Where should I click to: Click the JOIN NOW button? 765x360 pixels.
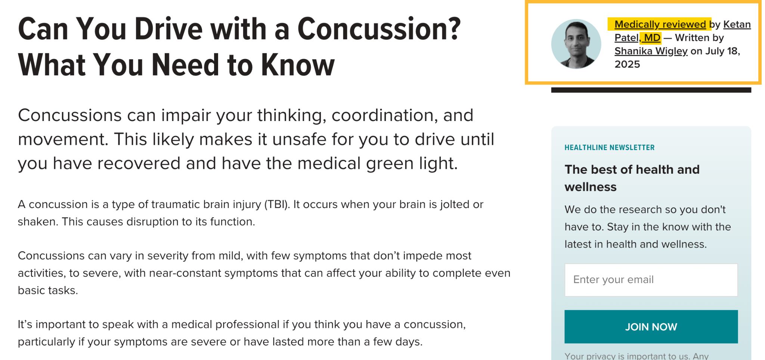click(x=651, y=327)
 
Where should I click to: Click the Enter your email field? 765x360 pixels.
click(x=651, y=280)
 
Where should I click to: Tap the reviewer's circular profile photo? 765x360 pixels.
click(x=576, y=44)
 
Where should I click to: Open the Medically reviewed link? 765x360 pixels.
click(x=660, y=24)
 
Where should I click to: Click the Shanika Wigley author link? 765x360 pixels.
click(x=651, y=51)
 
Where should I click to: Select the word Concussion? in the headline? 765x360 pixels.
click(x=379, y=29)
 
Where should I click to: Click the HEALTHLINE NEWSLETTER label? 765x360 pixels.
click(x=609, y=148)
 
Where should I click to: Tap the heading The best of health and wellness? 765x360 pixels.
click(x=632, y=178)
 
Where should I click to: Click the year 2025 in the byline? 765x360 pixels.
click(x=627, y=64)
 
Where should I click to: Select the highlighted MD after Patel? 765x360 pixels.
click(x=652, y=38)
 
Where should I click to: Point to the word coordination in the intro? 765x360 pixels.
click(x=384, y=115)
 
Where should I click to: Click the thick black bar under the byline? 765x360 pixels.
click(x=651, y=90)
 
